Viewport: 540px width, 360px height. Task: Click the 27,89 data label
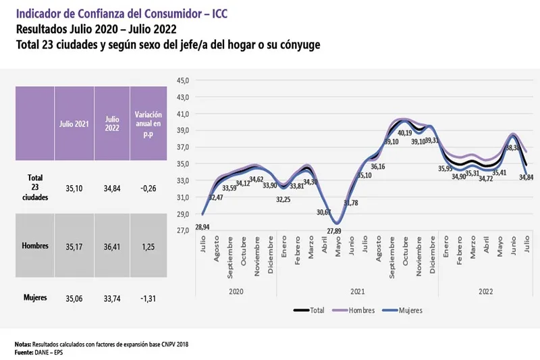[x=335, y=232]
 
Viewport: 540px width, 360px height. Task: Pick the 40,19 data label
[x=404, y=134]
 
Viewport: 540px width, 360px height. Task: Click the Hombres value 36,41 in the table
[x=112, y=246]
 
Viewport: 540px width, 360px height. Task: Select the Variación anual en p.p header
[x=147, y=124]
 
